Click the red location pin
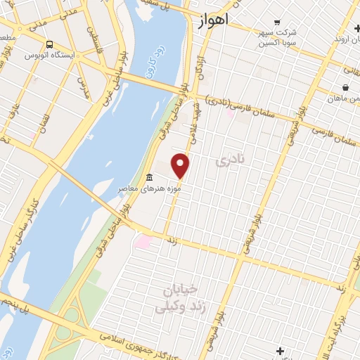coord(181,165)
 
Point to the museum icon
coord(149,177)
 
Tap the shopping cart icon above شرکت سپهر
coord(278,22)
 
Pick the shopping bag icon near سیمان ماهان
coord(345,88)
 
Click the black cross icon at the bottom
coord(281,350)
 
